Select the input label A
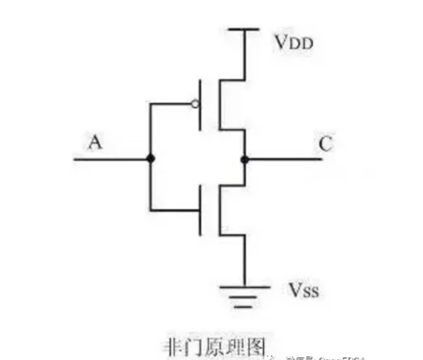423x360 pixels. click(95, 143)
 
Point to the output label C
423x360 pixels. click(325, 144)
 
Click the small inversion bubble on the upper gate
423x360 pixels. click(196, 105)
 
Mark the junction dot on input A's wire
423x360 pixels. click(150, 159)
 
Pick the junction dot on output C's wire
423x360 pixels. click(244, 160)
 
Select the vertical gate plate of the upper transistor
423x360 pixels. click(201, 105)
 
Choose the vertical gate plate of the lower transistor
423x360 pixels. click(201, 210)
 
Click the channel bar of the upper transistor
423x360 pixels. click(218, 105)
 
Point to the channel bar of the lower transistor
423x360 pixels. click(218, 210)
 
